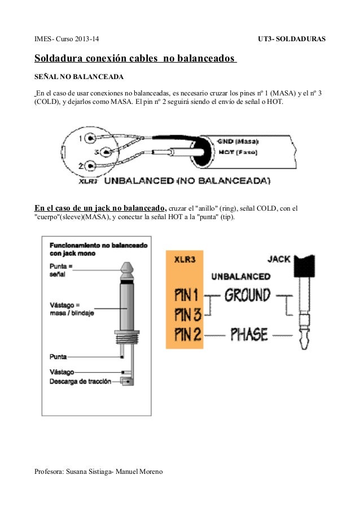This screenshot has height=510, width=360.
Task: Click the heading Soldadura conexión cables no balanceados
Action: point(135,59)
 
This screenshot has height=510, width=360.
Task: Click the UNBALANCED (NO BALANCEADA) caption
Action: point(188,181)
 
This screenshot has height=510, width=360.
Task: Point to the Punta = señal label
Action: point(61,270)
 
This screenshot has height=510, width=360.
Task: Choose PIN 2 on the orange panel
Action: point(188,334)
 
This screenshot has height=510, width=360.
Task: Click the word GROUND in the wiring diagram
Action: point(247,295)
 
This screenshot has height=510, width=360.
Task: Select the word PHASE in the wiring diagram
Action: point(249,334)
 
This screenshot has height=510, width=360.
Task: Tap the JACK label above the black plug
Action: point(278,259)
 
